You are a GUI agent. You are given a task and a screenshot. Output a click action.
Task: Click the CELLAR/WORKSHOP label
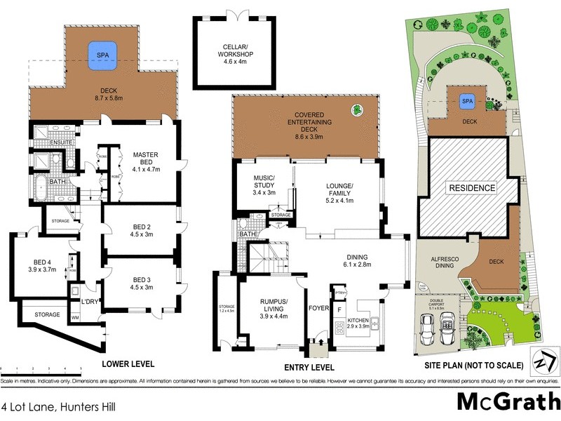point(233,54)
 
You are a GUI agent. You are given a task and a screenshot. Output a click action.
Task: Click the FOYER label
point(316,307)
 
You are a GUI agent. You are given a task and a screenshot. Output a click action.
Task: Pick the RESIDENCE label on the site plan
point(472,188)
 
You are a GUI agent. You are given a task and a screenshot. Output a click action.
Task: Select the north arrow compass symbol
point(545,362)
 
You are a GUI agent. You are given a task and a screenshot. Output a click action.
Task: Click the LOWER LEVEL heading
point(128,364)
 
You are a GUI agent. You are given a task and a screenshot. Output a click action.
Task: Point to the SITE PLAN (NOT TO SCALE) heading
point(475,365)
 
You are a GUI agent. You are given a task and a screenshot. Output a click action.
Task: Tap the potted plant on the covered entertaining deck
point(357,109)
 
